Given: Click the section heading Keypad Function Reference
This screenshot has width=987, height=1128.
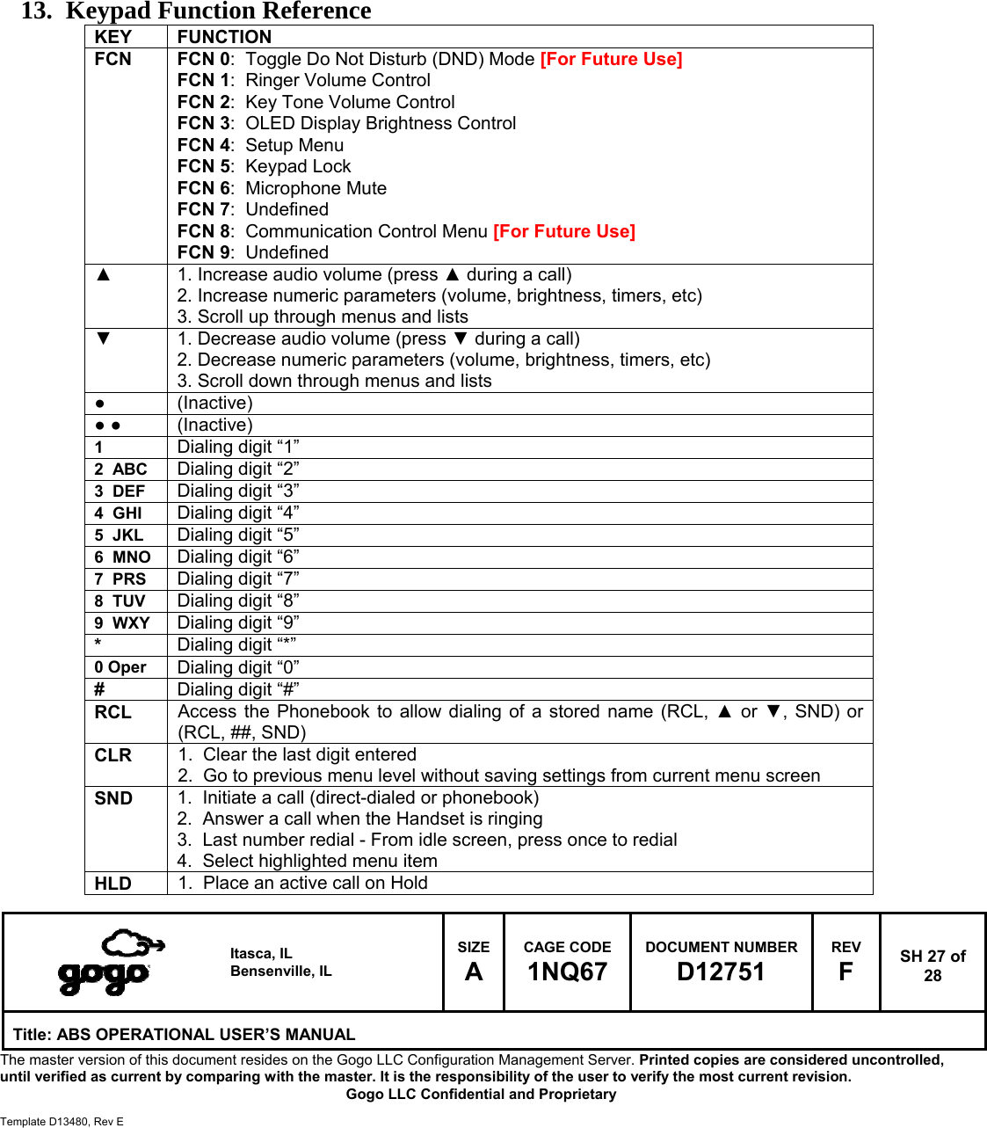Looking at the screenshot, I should [x=218, y=11].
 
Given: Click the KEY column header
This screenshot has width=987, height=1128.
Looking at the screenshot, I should [x=113, y=37].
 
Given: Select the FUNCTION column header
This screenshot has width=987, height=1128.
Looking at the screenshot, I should [x=224, y=37].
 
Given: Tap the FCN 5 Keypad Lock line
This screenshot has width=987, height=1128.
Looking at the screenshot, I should [x=264, y=166].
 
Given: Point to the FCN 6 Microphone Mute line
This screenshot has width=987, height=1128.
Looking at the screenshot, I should [x=281, y=188].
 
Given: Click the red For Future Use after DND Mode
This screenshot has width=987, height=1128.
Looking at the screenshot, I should [x=611, y=59].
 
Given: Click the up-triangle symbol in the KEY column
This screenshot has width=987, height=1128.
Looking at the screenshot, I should [x=104, y=274].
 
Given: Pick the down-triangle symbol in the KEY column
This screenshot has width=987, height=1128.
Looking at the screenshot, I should [x=104, y=338].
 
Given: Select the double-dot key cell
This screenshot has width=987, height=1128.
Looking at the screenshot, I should [x=108, y=426].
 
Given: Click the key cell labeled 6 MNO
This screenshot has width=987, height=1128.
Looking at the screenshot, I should [x=122, y=557].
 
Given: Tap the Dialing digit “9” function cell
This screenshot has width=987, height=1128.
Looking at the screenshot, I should [x=238, y=623].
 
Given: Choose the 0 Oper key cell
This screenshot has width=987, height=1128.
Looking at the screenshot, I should [x=120, y=667].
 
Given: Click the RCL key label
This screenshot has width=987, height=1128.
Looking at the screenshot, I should [x=113, y=712].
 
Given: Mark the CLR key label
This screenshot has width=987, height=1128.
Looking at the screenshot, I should [x=113, y=755].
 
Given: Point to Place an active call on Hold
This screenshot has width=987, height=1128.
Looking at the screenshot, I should [x=315, y=883].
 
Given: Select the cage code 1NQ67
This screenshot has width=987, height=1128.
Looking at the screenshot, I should [x=567, y=972].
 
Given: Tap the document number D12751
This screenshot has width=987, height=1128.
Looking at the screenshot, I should [x=721, y=972].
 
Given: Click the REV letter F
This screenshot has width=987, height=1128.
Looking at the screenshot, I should [x=845, y=972].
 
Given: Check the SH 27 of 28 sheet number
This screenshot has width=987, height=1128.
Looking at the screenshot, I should [x=933, y=965].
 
